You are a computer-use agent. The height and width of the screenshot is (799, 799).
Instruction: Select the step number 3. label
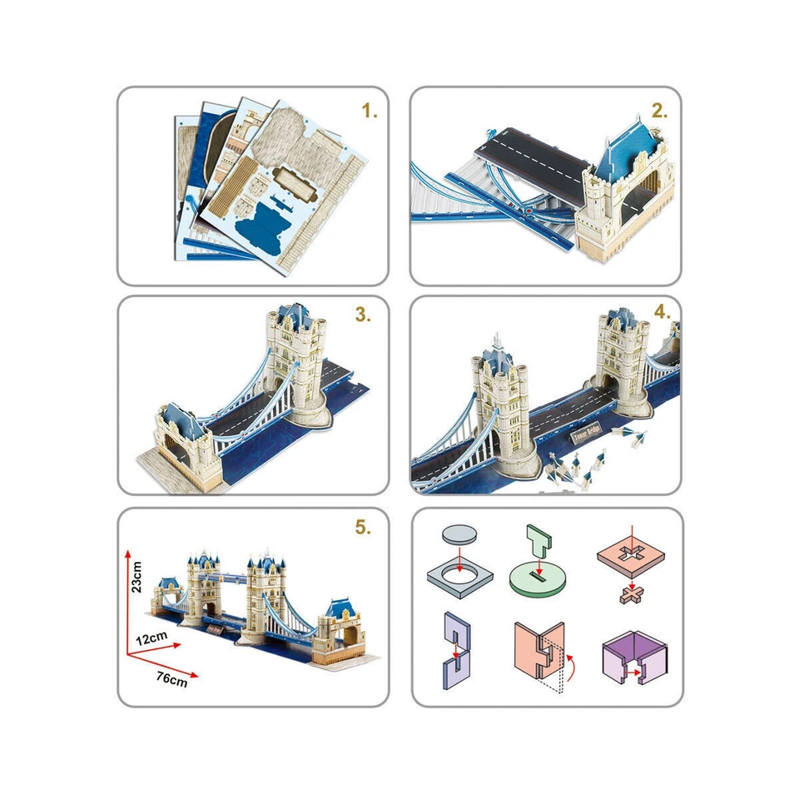[362, 315]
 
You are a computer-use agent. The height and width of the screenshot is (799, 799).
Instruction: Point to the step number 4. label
[663, 314]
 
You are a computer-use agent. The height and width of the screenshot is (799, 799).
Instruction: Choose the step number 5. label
[362, 527]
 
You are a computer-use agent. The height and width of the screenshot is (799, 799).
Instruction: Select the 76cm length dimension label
[171, 678]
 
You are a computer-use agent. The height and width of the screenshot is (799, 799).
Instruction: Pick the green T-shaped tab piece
[538, 541]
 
